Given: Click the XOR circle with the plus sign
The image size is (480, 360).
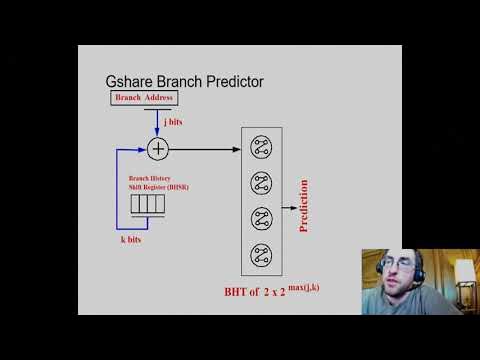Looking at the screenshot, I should [159, 149].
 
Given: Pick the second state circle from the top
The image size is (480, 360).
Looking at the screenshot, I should [261, 183].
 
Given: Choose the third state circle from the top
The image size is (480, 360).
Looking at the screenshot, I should [261, 217].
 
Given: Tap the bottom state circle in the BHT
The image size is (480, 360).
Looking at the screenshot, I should [261, 252].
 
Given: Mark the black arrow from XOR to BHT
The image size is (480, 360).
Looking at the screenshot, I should [205, 149].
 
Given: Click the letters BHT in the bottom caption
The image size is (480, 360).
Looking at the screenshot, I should [237, 294].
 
